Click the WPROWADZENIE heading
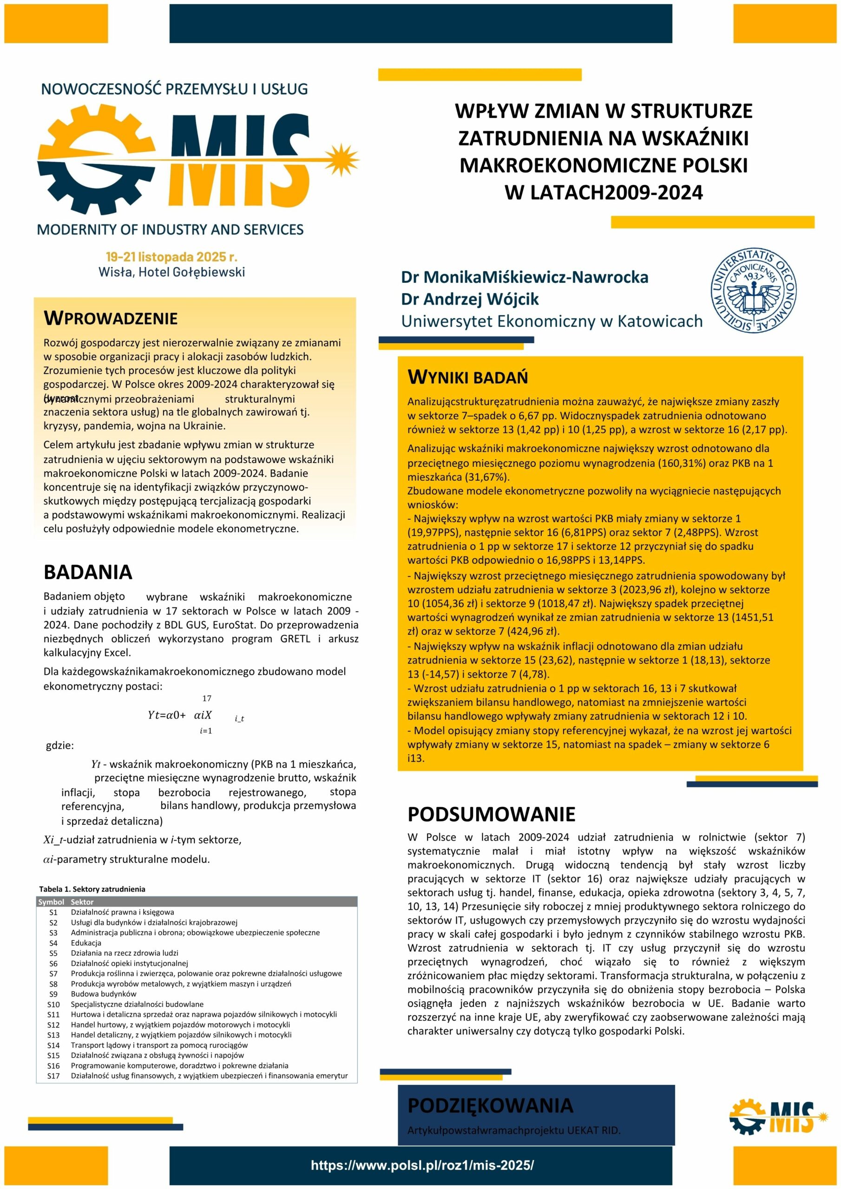111,318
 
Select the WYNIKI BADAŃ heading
467,377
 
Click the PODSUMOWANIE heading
491,814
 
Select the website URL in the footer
422,1165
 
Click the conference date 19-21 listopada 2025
171,257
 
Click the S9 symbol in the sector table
53,994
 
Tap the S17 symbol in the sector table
53,1076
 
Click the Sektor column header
82,902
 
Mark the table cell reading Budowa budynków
104,994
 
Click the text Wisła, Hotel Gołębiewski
171,272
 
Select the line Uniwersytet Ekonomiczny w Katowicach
552,321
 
